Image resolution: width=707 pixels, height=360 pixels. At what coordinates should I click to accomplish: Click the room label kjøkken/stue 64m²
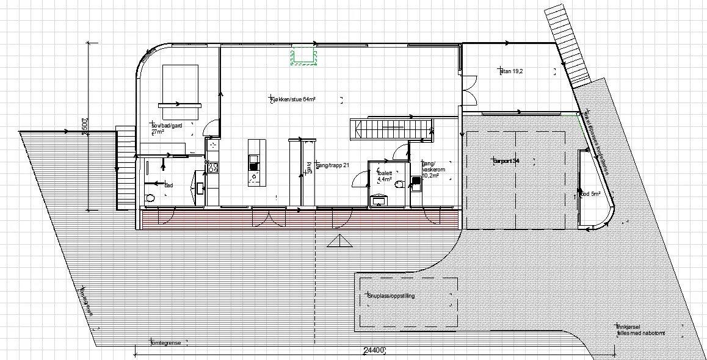295,99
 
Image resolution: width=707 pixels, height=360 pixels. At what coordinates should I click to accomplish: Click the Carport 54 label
506,160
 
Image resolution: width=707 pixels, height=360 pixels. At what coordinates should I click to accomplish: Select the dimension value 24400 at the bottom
373,350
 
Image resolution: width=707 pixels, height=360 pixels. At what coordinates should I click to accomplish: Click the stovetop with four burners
214,167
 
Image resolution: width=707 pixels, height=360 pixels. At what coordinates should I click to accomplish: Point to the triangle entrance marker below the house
340,242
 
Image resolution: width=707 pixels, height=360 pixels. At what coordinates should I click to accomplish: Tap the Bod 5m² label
590,194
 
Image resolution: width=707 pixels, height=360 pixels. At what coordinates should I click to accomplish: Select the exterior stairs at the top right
567,43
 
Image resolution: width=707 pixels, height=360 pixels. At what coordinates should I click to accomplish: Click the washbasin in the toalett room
379,199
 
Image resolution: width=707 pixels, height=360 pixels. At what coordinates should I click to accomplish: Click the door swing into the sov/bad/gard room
210,128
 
